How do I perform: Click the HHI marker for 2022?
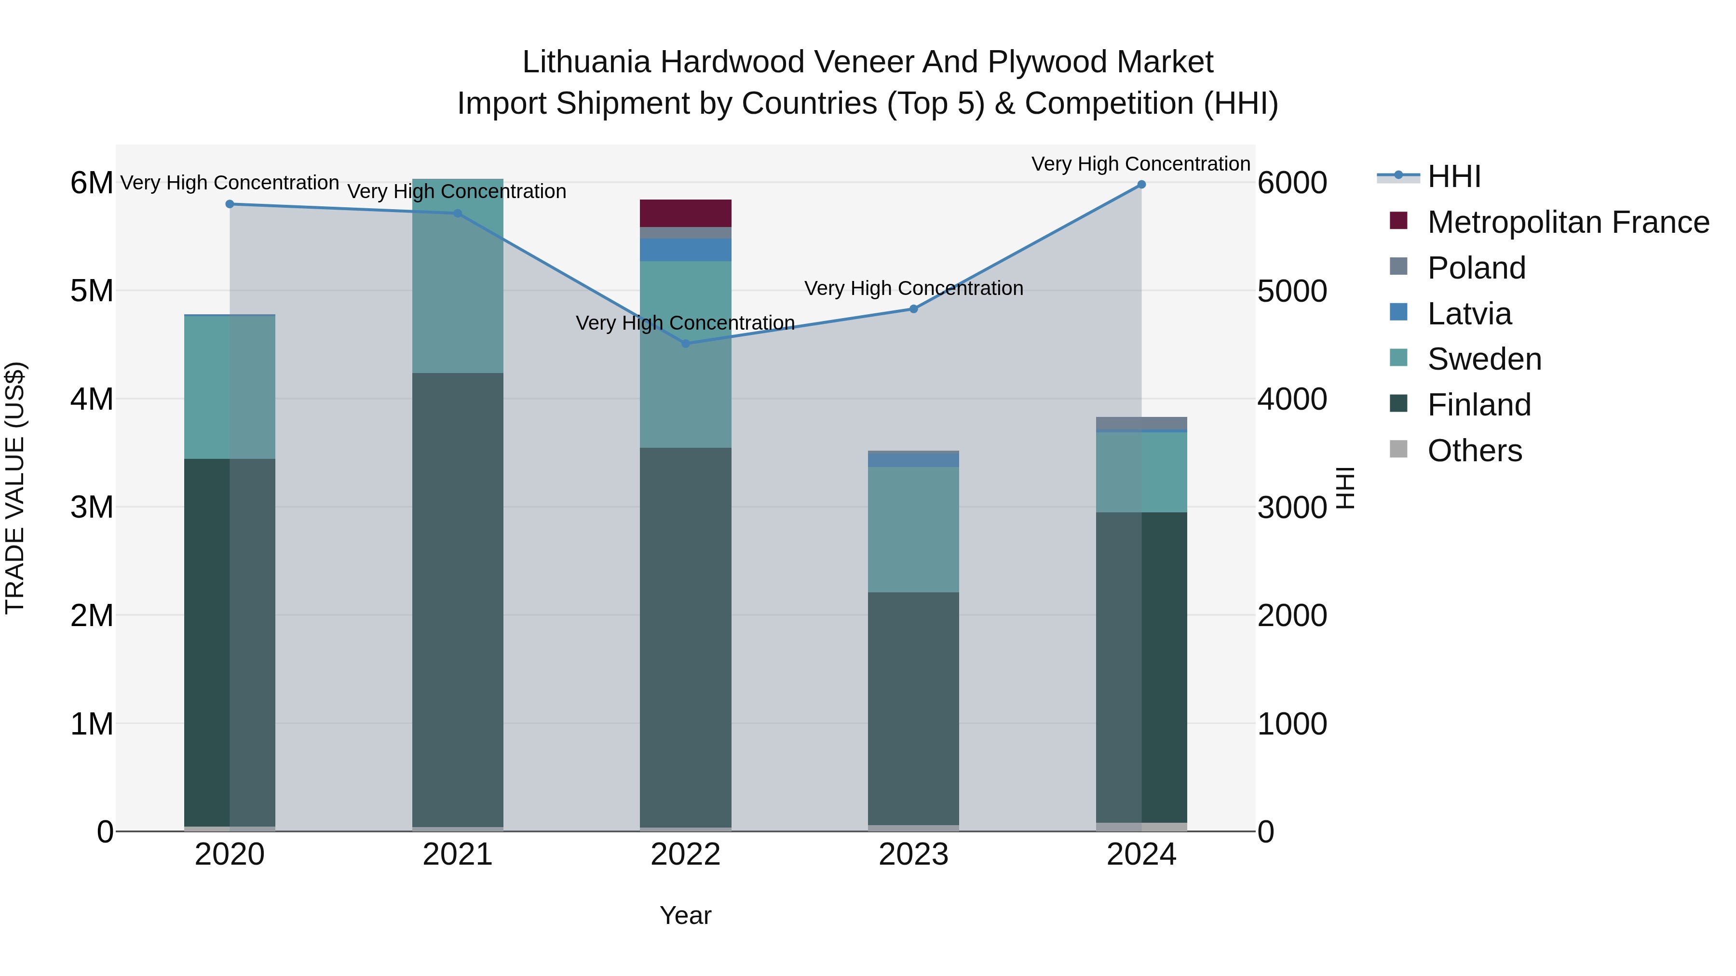pos(685,344)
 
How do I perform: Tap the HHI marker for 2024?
pos(1141,185)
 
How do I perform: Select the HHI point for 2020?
pos(230,204)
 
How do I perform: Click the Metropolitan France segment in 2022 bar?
pos(685,214)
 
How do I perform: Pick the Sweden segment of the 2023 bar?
pos(913,529)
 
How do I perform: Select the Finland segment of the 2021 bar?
pos(458,600)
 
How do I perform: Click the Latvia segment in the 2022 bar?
pos(685,250)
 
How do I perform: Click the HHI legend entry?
pos(1453,176)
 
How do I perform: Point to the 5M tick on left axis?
pos(92,291)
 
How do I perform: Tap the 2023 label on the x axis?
pos(913,855)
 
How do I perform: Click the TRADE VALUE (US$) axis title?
pos(15,488)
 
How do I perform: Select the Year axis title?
pos(685,915)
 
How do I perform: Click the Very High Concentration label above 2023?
pos(913,288)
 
